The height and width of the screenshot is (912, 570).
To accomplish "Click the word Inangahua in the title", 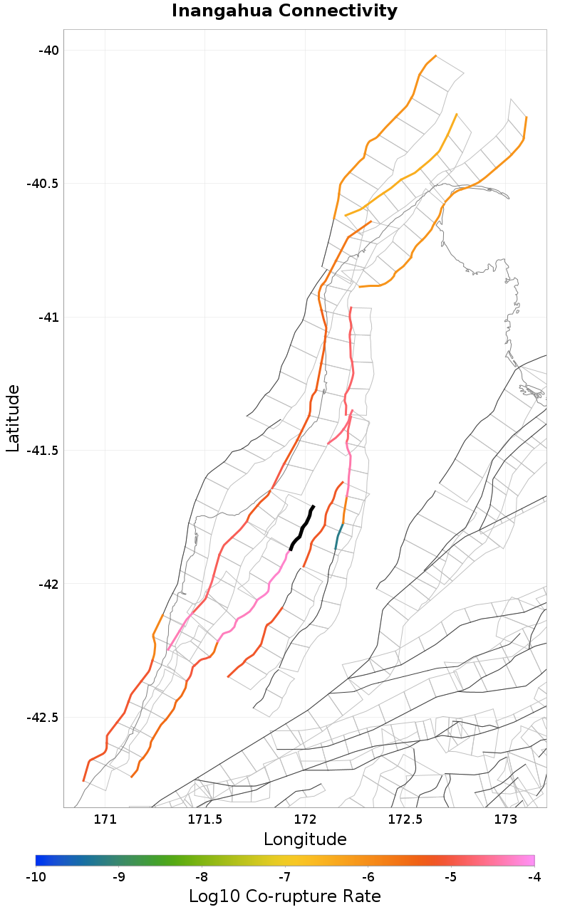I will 218,11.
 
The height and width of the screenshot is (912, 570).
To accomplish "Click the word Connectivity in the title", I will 332,11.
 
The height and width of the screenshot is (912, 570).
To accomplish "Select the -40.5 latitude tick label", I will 42,183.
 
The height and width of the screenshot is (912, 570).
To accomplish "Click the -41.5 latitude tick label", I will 42,450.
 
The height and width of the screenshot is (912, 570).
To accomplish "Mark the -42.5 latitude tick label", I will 42,717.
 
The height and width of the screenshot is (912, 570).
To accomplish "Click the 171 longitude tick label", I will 105,819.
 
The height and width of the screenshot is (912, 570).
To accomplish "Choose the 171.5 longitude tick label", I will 205,819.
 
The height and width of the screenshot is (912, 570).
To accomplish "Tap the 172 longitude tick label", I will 305,819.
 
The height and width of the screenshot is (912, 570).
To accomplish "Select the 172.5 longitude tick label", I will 405,819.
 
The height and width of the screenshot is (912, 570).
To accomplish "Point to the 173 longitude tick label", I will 505,819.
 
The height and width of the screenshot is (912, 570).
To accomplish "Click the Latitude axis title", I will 13,418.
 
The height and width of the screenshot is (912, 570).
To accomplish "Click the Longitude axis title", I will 305,839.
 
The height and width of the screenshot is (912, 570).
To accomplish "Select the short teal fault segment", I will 338,537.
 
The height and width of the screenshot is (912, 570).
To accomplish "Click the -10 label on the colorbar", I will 36,876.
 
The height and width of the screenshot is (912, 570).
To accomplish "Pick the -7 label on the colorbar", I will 285,876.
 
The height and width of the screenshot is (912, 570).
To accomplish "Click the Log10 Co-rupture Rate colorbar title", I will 285,896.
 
